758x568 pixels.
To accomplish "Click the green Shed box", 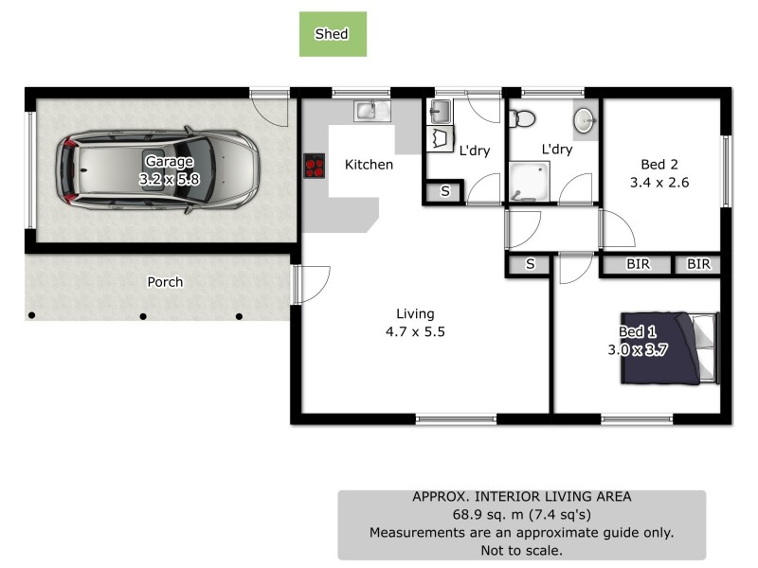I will tap(333, 34).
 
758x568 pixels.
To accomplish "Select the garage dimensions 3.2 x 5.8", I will tap(170, 177).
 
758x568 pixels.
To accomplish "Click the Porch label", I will tap(165, 282).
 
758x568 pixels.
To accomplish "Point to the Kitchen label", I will tap(369, 165).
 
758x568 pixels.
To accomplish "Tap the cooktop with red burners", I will tap(315, 167).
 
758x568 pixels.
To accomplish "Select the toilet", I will tap(522, 119).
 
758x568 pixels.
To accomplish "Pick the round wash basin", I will tap(584, 121).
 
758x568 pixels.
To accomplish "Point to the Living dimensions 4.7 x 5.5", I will tap(415, 332).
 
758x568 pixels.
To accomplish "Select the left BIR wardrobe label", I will tap(639, 265).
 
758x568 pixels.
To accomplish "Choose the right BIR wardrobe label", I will tap(698, 265).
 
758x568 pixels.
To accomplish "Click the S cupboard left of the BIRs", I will tap(530, 265).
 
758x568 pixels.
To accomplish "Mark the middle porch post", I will tap(143, 316).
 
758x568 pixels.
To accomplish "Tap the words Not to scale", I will tap(521, 549).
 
